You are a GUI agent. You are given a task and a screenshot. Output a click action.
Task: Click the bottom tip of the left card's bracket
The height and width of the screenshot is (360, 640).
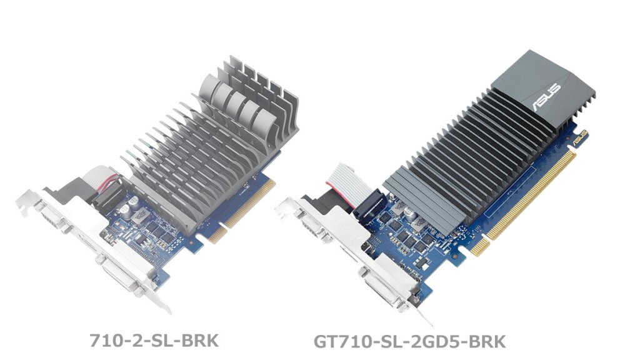pos(167,309)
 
